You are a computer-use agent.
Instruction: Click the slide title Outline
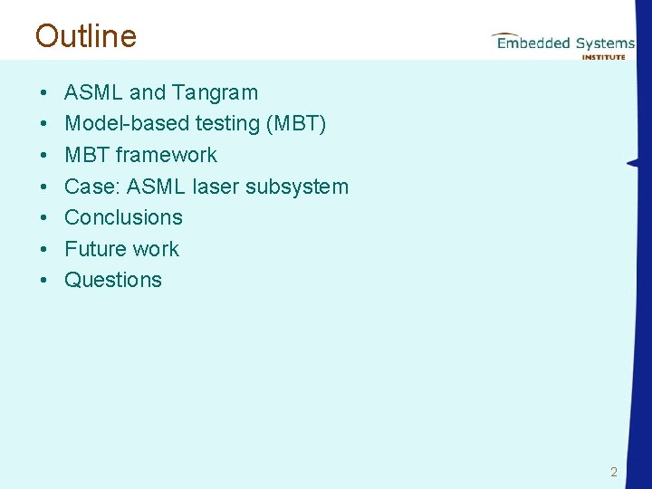pos(86,36)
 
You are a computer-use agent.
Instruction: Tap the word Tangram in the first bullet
pos(215,92)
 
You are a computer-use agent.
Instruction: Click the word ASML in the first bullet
pos(94,92)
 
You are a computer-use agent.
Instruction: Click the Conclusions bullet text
pos(123,217)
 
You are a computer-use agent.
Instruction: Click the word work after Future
pos(156,249)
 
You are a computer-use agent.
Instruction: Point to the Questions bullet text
pos(113,280)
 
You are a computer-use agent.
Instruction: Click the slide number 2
pos(614,472)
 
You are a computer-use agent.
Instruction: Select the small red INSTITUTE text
pos(603,56)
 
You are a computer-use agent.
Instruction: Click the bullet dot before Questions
pos(43,281)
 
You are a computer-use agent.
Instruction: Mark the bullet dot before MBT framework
pos(43,156)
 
